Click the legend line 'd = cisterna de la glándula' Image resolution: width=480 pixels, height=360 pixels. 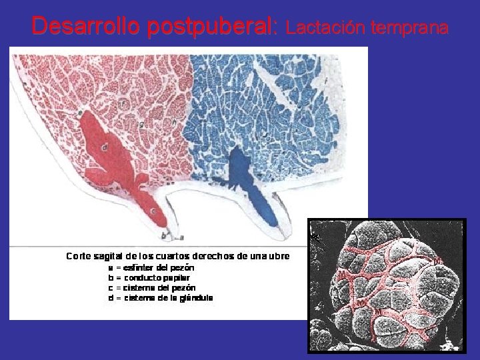[160, 298]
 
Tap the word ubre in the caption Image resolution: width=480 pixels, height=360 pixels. [279, 256]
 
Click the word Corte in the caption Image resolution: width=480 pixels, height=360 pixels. [78, 256]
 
